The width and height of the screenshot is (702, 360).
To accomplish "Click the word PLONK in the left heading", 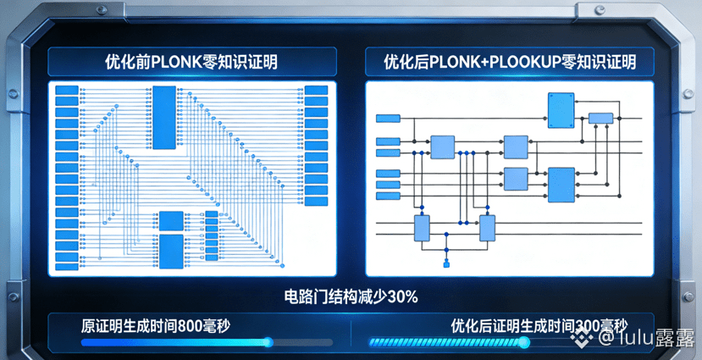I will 175,62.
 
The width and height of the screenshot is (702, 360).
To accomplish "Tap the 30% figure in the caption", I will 402,296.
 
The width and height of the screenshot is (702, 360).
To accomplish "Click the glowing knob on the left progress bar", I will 268,342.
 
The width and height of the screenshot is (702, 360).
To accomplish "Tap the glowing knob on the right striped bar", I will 523,342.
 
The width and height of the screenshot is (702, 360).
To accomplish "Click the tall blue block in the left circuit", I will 164,108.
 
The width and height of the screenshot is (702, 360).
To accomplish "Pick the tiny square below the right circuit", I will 446,265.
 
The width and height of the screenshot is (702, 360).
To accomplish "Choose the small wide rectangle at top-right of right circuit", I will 600,118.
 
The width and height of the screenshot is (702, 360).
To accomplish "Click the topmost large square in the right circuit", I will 561,107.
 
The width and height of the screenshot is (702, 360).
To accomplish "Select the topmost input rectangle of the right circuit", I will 388,118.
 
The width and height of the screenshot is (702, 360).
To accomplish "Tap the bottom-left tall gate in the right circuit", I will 422,228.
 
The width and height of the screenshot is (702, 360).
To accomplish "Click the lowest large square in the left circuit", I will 170,248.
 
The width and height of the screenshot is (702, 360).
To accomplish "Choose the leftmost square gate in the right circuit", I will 443,146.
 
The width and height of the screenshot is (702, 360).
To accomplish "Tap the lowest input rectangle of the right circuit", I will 388,195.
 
